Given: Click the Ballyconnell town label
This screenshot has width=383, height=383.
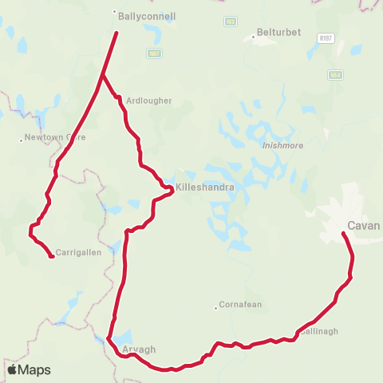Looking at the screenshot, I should coord(147,16).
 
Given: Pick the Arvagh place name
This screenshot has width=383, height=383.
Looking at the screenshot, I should coord(140,349).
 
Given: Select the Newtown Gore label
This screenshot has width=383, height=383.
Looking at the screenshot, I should coord(55,137).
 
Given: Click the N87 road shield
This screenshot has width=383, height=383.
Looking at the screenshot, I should coord(155,53).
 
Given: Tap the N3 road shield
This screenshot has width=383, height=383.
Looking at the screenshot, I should coord(231,22).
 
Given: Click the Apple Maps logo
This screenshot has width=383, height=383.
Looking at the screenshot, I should coord(29,369).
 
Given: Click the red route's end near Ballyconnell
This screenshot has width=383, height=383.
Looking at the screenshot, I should coord(116,33).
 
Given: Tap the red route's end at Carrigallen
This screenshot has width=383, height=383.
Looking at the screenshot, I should coord(52,256).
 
